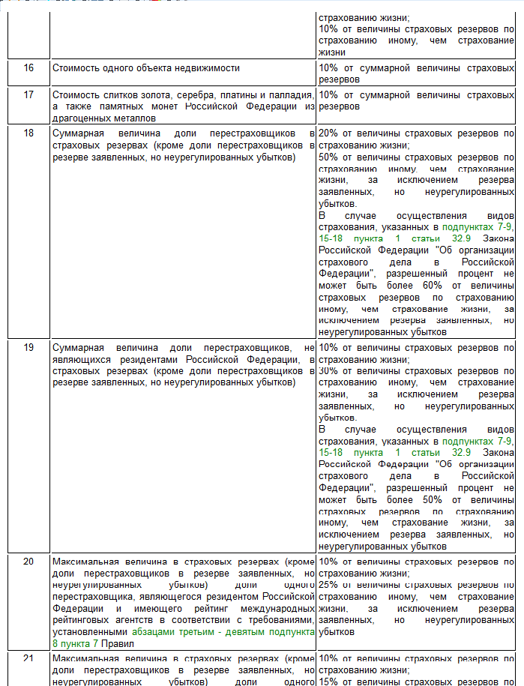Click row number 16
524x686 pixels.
pyautogui.click(x=28, y=68)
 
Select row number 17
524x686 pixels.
pyautogui.click(x=28, y=95)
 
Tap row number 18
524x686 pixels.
pyautogui.click(x=28, y=133)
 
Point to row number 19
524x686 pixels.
pyautogui.click(x=28, y=349)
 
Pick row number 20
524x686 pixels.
pyautogui.click(x=28, y=561)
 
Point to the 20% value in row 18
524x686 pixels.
pyautogui.click(x=328, y=133)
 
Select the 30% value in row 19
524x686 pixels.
pyautogui.click(x=328, y=371)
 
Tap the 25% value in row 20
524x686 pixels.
pyautogui.click(x=328, y=584)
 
